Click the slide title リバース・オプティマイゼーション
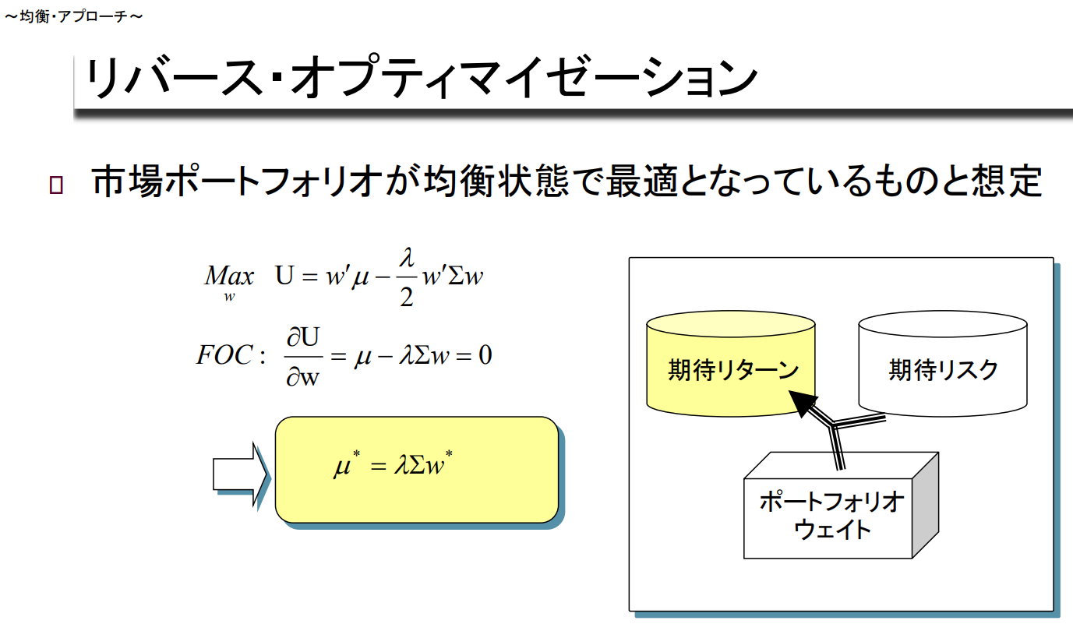421,80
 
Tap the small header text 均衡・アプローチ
73,16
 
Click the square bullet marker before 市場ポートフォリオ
56,185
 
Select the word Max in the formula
229,277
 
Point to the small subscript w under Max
230,296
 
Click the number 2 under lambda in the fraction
406,298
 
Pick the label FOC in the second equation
224,356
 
